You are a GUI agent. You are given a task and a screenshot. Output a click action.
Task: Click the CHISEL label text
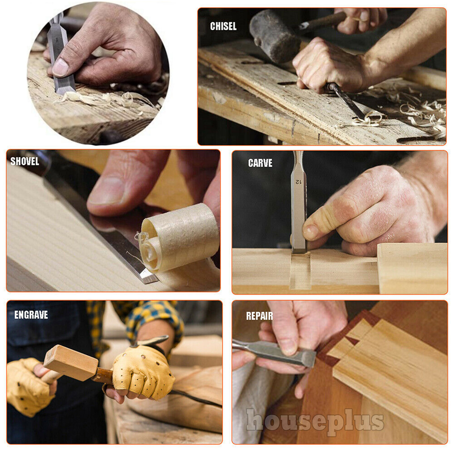pyautogui.click(x=223, y=26)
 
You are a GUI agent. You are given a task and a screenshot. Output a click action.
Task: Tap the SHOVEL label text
pyautogui.click(x=25, y=161)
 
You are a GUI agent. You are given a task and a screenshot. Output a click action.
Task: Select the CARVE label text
pyautogui.click(x=260, y=163)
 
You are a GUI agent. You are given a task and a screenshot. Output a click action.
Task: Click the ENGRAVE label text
pyautogui.click(x=31, y=315)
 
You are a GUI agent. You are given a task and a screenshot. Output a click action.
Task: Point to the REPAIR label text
pyautogui.click(x=259, y=316)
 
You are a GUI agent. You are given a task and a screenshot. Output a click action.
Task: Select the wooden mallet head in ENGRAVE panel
pyautogui.click(x=71, y=363)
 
